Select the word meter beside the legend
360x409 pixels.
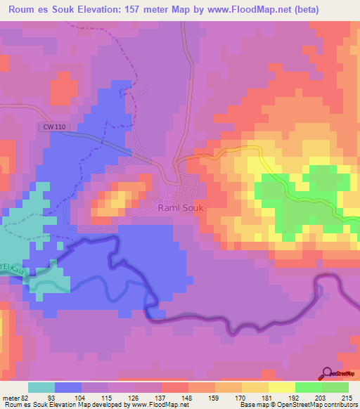pyautogui.click(x=10, y=398)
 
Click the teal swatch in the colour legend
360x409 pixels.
pyautogui.click(x=41, y=387)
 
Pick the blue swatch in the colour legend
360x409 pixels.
pyautogui.click(x=68, y=387)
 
